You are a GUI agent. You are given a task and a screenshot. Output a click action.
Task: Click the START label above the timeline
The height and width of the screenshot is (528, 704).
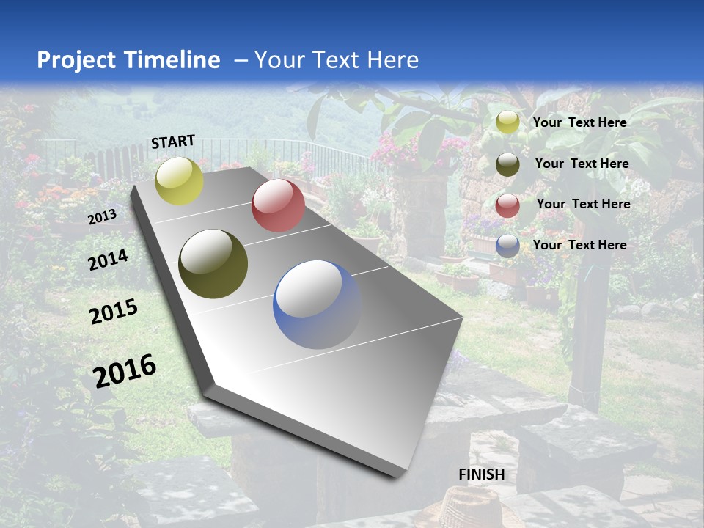[173, 142]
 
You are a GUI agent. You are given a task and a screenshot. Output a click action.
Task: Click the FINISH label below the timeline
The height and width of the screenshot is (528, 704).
[482, 474]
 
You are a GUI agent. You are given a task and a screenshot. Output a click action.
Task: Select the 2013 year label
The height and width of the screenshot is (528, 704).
[102, 217]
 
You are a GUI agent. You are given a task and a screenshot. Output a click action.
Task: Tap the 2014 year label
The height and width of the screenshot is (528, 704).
[109, 260]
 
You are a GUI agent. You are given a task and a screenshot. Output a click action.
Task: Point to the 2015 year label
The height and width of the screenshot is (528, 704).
[114, 312]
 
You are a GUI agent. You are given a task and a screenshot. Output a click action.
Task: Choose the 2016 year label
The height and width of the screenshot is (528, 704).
[125, 371]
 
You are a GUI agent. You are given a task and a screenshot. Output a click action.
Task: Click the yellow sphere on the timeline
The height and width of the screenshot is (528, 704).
[180, 180]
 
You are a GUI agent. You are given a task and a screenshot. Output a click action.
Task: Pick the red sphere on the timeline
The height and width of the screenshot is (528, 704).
[278, 205]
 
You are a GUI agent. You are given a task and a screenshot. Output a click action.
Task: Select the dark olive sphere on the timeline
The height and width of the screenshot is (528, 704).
[213, 265]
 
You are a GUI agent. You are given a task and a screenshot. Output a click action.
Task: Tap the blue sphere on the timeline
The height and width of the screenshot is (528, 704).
[317, 304]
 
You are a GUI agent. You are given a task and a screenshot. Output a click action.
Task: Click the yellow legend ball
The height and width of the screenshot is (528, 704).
[507, 122]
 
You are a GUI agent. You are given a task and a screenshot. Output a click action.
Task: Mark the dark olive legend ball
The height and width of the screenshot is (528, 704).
[507, 164]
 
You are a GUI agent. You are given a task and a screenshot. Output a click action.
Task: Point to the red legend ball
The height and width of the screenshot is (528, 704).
[507, 205]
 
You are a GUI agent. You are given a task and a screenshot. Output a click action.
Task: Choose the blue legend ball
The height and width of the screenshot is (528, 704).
[507, 246]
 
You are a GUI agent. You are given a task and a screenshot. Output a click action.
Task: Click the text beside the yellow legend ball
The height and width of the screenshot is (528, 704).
[580, 122]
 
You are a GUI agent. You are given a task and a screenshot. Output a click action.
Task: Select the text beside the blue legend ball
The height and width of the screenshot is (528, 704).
[580, 245]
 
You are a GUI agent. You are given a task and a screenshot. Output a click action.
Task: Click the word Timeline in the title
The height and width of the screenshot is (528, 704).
[174, 60]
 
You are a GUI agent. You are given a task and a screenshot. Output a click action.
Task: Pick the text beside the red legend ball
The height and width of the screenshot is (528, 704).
[584, 204]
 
